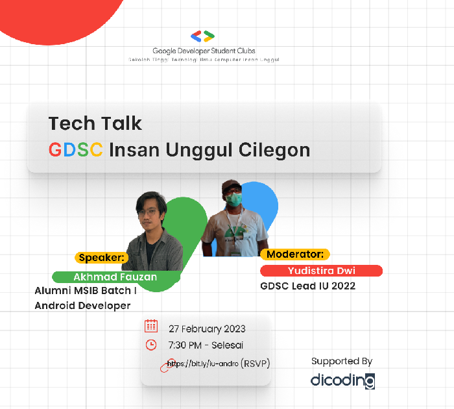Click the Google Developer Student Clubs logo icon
203,36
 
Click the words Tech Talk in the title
95,123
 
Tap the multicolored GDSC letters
75,150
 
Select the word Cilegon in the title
275,150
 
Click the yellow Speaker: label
102,257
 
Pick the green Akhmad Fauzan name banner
115,277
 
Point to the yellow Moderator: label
295,254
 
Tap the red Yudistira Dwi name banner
321,271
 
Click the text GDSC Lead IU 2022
307,286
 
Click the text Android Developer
82,305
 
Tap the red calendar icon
151,326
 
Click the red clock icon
151,345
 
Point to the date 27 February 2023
207,328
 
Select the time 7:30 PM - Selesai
206,345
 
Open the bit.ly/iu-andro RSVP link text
218,364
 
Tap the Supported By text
342,361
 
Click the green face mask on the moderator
235,199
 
